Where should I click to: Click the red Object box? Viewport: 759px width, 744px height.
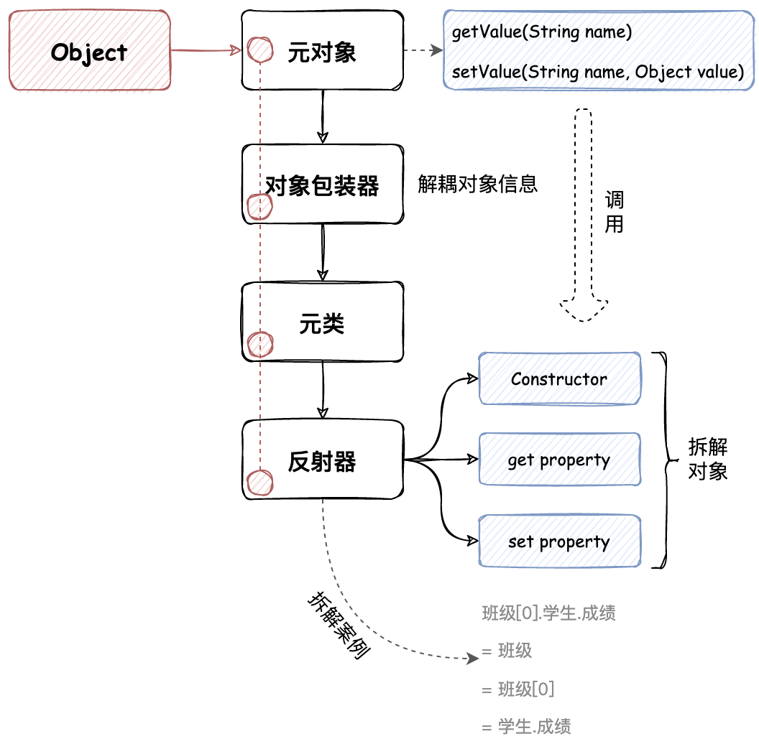pyautogui.click(x=90, y=51)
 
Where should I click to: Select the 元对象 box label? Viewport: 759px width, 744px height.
pyautogui.click(x=322, y=52)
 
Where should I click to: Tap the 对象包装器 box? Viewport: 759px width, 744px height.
pyautogui.click(x=322, y=185)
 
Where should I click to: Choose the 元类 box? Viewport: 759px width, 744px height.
pyautogui.click(x=322, y=323)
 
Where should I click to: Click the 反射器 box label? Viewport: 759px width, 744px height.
pyautogui.click(x=322, y=461)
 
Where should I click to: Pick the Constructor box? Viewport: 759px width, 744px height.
pyautogui.click(x=559, y=378)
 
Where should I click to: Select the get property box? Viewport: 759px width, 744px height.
pyautogui.click(x=559, y=460)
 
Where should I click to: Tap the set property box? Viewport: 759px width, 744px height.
pyautogui.click(x=559, y=541)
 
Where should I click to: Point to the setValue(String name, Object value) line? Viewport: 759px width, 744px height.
pyautogui.click(x=597, y=72)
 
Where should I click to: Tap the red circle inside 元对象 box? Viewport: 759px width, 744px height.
pyautogui.click(x=260, y=50)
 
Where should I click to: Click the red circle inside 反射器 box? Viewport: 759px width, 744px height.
pyautogui.click(x=259, y=483)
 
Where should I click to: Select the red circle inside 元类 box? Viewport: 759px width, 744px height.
pyautogui.click(x=259, y=344)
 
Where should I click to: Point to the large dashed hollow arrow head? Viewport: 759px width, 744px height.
pyautogui.click(x=584, y=309)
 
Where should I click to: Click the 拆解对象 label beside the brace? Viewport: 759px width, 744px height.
pyautogui.click(x=708, y=459)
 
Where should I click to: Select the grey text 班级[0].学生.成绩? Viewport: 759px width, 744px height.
pyautogui.click(x=548, y=613)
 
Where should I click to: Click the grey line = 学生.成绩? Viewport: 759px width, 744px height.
pyautogui.click(x=526, y=726)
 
